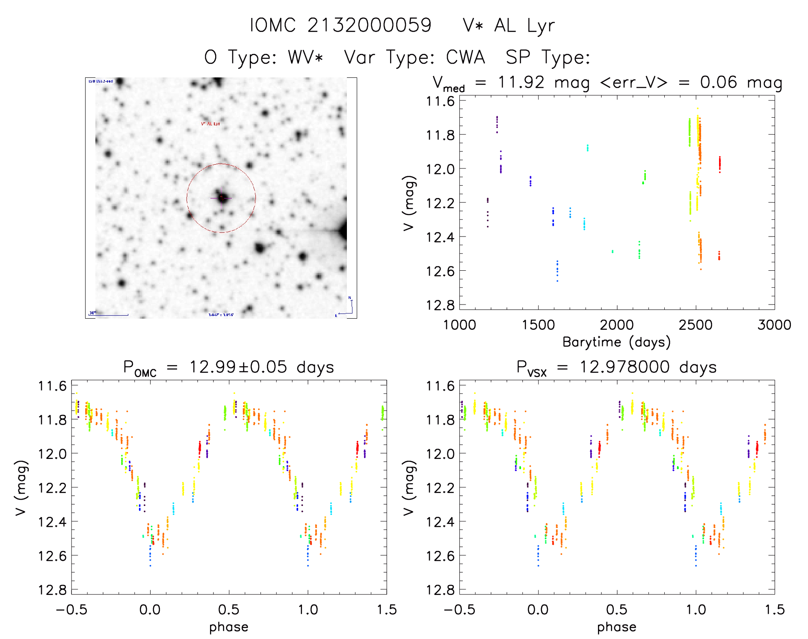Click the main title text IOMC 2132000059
(x=340, y=26)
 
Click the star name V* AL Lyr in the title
(x=509, y=26)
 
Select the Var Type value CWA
(x=465, y=57)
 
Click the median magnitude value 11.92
(x=521, y=82)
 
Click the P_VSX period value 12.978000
(x=624, y=367)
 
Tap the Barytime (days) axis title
(x=616, y=342)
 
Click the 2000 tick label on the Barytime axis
(x=616, y=325)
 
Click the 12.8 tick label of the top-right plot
(x=440, y=305)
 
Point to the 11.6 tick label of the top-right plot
(x=440, y=101)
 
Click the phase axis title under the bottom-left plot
(x=228, y=627)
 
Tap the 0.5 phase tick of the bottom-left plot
(x=228, y=609)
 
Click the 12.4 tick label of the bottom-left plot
(x=52, y=522)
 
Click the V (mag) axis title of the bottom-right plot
(x=409, y=488)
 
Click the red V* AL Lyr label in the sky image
(x=210, y=124)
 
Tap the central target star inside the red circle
(x=222, y=197)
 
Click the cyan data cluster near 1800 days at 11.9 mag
(x=587, y=148)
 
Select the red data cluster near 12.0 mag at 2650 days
(x=719, y=163)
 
